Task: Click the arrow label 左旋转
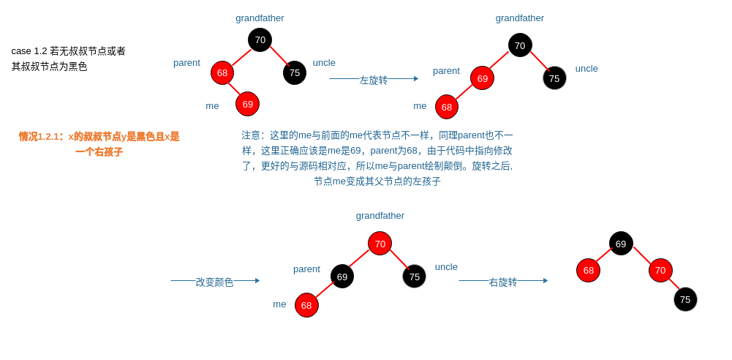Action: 373,80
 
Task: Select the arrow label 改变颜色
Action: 214,282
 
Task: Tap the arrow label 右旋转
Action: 502,282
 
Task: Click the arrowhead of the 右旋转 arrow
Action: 545,280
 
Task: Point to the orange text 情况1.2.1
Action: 41,137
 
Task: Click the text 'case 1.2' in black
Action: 29,51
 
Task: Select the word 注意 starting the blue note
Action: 252,135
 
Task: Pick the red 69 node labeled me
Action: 247,104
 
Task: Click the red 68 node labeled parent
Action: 222,72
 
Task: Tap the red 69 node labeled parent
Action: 482,78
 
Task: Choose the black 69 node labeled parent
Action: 342,277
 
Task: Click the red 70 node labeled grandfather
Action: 380,244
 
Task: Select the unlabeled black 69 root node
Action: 621,244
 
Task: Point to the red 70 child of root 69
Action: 660,270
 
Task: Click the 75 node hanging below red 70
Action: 685,299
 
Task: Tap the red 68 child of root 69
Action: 588,270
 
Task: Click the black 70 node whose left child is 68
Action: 260,40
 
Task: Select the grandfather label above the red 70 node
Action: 380,215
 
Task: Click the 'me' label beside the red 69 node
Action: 212,105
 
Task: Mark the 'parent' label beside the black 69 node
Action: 306,269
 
